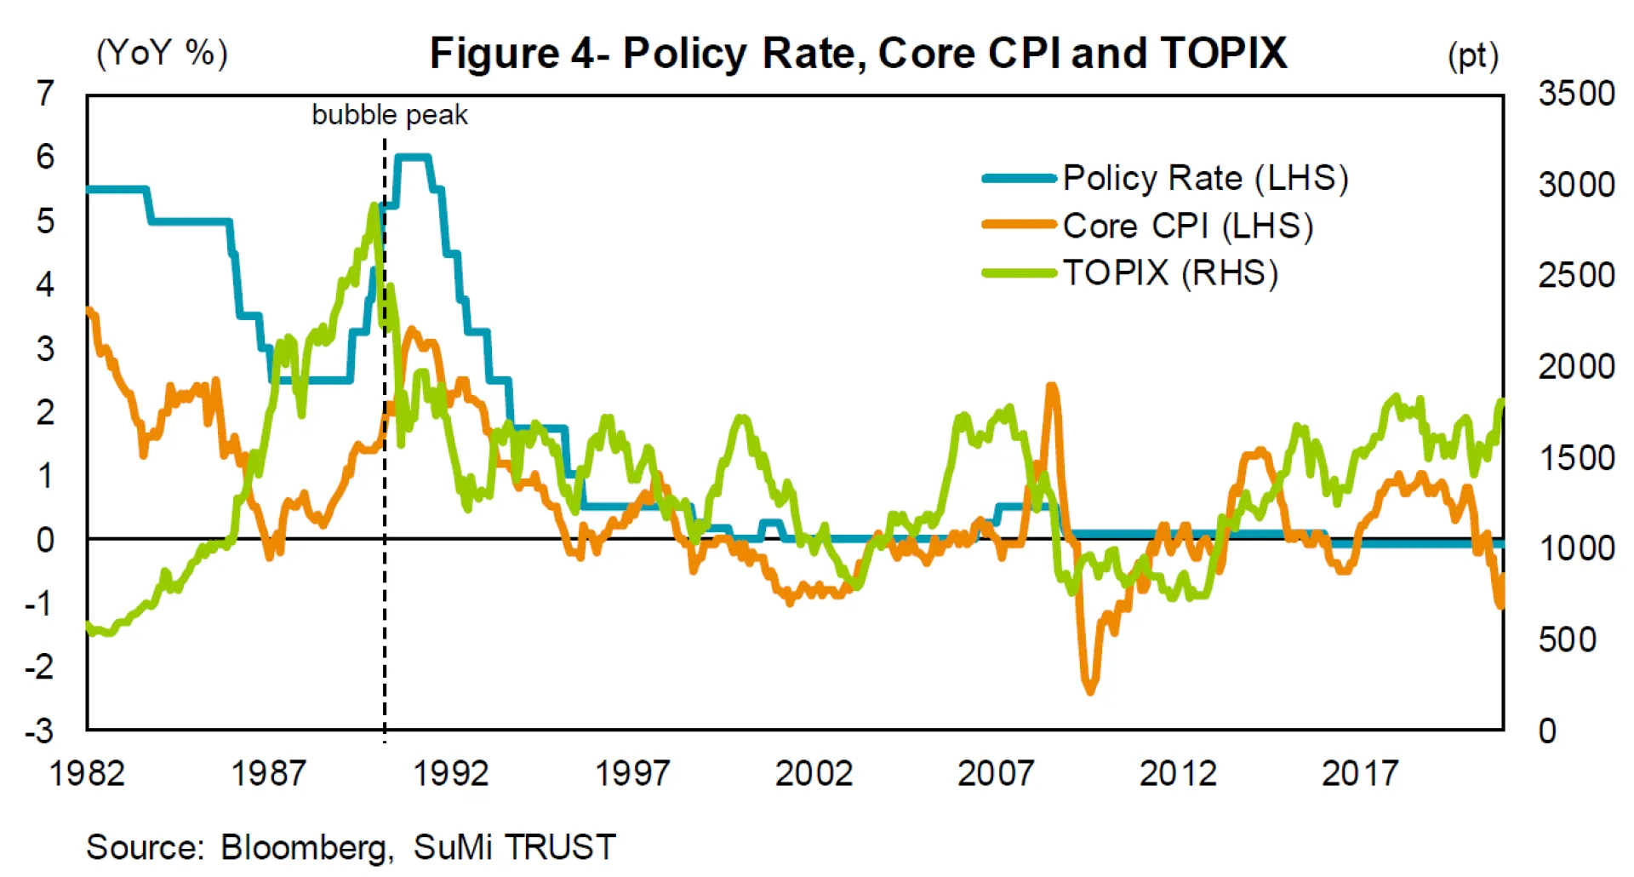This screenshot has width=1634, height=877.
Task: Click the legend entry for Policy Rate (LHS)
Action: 1204,178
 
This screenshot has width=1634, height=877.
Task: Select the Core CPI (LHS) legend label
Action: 1187,226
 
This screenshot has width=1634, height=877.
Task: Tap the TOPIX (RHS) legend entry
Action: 1170,273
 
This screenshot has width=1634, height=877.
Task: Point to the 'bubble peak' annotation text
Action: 390,115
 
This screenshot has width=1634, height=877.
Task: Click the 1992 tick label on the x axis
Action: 450,773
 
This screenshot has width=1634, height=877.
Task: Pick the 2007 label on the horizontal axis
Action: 996,773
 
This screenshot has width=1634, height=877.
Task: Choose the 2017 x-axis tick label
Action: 1359,773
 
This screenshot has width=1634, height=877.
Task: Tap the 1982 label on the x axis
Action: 87,773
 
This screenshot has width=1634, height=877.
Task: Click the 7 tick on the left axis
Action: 45,93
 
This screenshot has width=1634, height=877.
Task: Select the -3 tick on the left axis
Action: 39,731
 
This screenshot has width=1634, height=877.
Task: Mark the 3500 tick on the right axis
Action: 1576,93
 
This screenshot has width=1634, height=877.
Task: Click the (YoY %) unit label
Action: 162,54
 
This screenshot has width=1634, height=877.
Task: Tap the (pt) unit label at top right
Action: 1472,56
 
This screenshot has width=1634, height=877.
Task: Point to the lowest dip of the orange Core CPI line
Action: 1090,690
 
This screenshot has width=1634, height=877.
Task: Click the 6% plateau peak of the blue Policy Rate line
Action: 414,157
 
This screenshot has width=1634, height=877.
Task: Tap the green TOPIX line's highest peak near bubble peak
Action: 374,206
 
